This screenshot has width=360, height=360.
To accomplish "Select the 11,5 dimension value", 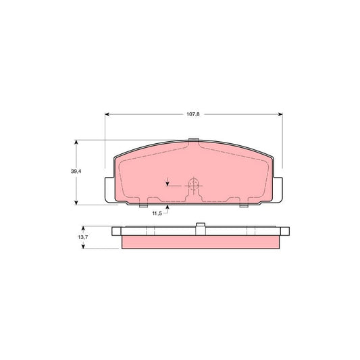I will (157, 213).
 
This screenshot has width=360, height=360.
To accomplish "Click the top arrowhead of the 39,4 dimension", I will (77, 143).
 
